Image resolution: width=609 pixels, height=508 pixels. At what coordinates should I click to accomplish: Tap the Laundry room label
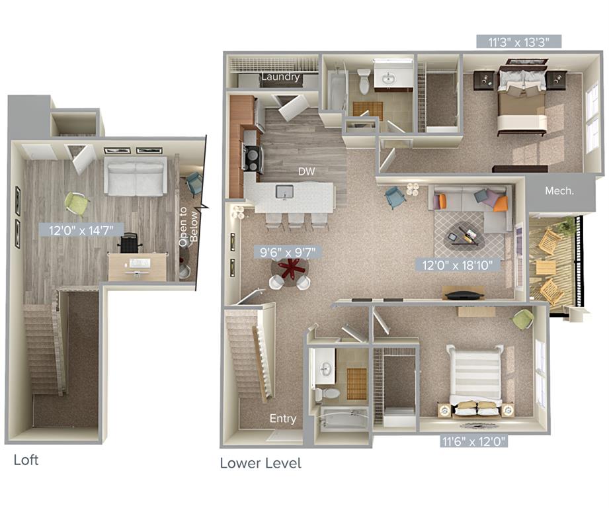coord(280,77)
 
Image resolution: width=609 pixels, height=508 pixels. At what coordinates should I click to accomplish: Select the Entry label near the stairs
coord(282,419)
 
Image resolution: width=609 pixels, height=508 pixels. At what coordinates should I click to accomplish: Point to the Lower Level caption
coord(261,463)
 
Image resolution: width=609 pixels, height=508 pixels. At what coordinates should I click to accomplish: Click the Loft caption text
coord(26,460)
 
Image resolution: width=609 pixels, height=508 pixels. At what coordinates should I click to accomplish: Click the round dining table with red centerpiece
coord(289,269)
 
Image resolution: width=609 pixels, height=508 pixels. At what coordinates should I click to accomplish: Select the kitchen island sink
coord(285,192)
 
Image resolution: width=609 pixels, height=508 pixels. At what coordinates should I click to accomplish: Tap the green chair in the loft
coord(77,203)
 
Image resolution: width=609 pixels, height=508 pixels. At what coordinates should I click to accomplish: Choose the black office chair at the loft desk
coord(130,243)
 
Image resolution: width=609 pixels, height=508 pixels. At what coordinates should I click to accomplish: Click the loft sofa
coord(136,176)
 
